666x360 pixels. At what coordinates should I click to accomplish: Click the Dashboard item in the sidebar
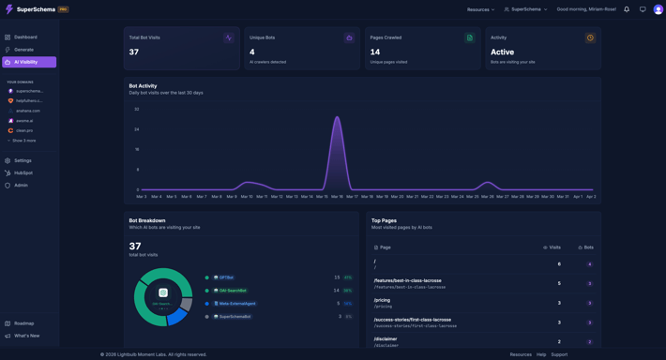[25, 37]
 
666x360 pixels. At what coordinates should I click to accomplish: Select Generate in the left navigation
[23, 50]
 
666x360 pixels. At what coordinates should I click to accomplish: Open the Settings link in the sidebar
[23, 160]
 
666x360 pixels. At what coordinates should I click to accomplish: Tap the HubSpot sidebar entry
[23, 172]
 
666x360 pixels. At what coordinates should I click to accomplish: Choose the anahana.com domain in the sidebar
[28, 111]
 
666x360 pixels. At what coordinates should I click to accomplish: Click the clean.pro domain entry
[24, 130]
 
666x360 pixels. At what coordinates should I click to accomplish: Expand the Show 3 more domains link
[23, 141]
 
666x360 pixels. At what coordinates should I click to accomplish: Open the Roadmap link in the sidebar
[23, 323]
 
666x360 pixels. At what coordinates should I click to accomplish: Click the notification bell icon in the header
[627, 9]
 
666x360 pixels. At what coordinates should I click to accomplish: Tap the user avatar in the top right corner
[658, 9]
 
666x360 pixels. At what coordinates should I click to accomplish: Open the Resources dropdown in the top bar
[480, 9]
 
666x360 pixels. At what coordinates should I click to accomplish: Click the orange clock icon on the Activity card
[590, 38]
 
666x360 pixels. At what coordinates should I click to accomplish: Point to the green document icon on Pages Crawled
[470, 38]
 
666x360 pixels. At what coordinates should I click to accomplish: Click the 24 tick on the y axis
[137, 129]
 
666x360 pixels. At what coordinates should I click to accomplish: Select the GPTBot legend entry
[226, 277]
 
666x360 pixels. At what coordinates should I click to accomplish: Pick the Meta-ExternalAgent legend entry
[237, 304]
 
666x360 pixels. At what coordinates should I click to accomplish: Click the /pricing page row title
[383, 300]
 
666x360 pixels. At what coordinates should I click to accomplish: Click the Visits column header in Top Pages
[553, 247]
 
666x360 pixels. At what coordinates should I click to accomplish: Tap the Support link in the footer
[559, 354]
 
